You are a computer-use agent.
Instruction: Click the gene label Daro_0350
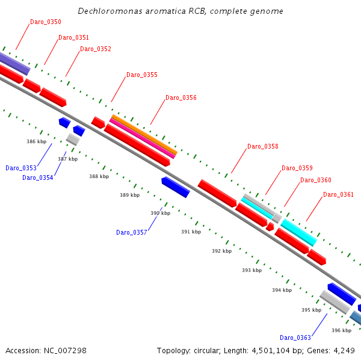pyautogui.click(x=46, y=22)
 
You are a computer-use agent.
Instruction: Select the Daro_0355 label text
pyautogui.click(x=142, y=75)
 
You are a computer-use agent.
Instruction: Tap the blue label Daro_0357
pyautogui.click(x=132, y=232)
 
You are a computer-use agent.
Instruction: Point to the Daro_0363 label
pyautogui.click(x=295, y=338)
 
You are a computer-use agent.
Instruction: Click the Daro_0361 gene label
pyautogui.click(x=338, y=194)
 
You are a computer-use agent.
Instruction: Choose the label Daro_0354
pyautogui.click(x=38, y=177)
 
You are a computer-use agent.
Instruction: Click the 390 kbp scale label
pyautogui.click(x=160, y=214)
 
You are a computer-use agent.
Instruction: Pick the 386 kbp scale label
pyautogui.click(x=36, y=142)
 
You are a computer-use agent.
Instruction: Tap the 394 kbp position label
pyautogui.click(x=282, y=290)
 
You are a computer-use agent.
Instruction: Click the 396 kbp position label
pyautogui.click(x=341, y=330)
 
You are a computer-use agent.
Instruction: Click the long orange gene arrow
pyautogui.click(x=144, y=134)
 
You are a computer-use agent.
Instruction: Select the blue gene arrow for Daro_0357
pyautogui.click(x=176, y=187)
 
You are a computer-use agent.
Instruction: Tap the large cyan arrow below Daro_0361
pyautogui.click(x=298, y=232)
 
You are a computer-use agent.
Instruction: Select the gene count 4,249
pyautogui.click(x=344, y=351)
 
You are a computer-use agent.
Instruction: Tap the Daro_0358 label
pyautogui.click(x=263, y=146)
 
